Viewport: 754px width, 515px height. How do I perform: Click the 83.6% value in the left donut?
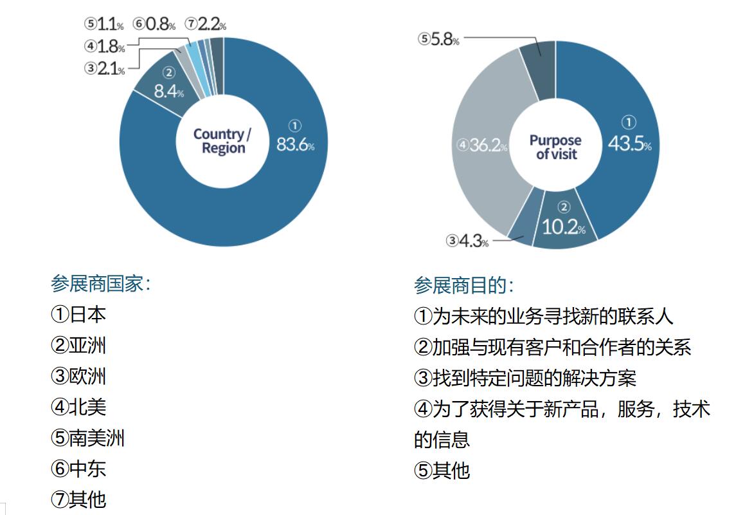[295, 144]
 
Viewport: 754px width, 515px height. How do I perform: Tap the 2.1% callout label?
[105, 68]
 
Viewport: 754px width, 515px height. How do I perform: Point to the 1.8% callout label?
[105, 46]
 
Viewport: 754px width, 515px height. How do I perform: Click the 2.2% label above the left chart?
[206, 24]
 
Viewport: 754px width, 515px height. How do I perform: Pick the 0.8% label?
[154, 24]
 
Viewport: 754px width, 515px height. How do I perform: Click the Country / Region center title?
[222, 141]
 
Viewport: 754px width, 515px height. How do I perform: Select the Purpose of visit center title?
[555, 147]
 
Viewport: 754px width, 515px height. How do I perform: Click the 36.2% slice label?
[482, 145]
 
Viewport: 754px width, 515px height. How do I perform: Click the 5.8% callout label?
[438, 39]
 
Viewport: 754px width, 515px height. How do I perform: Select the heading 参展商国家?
[100, 284]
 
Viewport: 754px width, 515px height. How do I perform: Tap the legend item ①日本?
[78, 314]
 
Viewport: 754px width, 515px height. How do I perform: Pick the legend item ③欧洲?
[78, 376]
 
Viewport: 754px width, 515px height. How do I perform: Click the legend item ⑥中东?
[78, 469]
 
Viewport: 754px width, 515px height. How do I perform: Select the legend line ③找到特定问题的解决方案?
[525, 378]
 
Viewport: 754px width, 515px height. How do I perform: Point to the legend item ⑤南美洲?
[87, 438]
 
